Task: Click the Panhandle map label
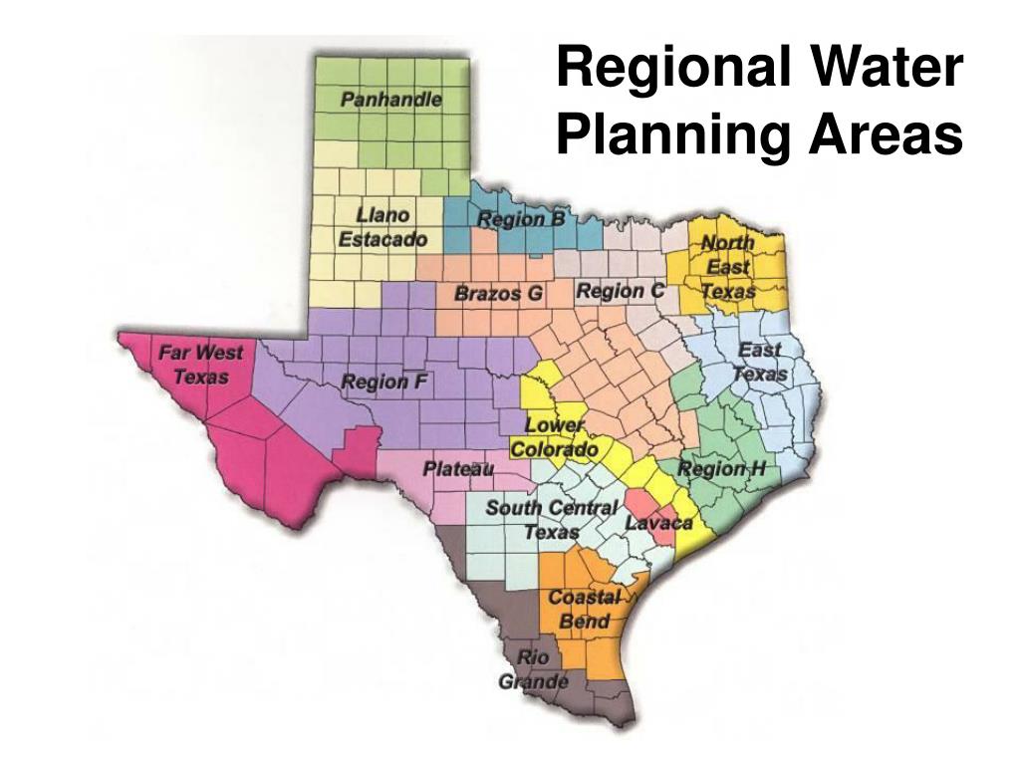coord(390,100)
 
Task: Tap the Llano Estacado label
coord(382,227)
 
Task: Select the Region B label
coord(521,219)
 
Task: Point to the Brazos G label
coord(498,294)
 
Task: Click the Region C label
coord(620,291)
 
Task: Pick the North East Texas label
coord(728,267)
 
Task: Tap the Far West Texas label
coord(200,364)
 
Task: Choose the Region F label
coord(385,382)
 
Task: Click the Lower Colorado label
coord(555,437)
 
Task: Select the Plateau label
coord(458,468)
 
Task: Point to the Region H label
coord(721,468)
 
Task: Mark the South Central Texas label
coord(551,519)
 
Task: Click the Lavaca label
coord(658,523)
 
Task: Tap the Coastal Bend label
coord(584,609)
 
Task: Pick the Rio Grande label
coord(533,669)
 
